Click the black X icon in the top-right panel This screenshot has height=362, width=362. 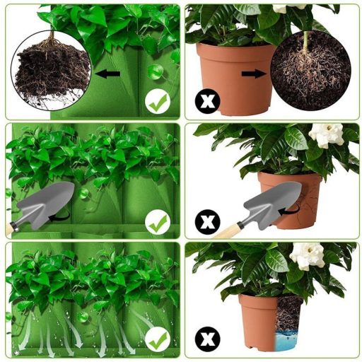(x=207, y=103)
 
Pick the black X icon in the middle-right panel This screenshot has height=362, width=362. (x=207, y=223)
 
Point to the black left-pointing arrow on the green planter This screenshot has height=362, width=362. (x=108, y=73)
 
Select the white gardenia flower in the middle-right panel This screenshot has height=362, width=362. (x=325, y=134)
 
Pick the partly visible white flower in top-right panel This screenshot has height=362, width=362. (x=290, y=8)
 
